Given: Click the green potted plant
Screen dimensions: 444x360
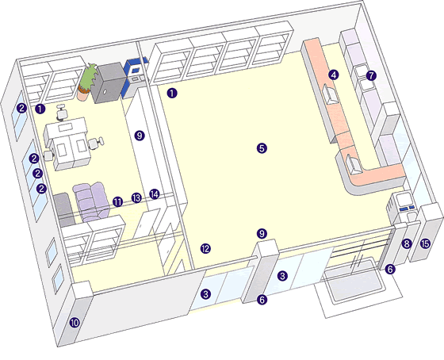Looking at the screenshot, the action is point(88,81).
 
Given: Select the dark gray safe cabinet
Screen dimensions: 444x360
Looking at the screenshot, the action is point(110,82).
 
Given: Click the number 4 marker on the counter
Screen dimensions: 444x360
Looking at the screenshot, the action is point(334,75).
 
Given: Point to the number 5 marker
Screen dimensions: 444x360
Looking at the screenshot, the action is point(262,148).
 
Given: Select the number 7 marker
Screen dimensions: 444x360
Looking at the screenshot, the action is point(371,75).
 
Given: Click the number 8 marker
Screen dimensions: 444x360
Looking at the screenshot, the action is point(407,244).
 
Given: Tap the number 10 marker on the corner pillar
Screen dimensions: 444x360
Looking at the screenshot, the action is point(75,323).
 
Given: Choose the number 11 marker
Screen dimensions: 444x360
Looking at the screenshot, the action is point(118,202).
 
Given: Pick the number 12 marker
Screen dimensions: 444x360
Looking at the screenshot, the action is point(205,249).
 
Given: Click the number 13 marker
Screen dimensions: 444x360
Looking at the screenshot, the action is point(136,198).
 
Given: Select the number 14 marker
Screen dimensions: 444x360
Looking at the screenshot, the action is point(155,194).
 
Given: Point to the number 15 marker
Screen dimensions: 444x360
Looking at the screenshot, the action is point(425,243).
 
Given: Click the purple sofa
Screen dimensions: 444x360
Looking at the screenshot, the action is point(91,201).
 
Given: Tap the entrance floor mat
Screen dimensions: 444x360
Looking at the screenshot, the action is point(354,281).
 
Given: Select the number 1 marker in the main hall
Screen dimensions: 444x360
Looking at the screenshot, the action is point(172,94).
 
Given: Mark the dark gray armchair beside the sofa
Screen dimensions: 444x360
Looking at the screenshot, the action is point(63,209).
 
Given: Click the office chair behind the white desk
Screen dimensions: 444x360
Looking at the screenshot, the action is point(62,113).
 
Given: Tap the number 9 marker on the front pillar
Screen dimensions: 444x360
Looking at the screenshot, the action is point(262,234).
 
